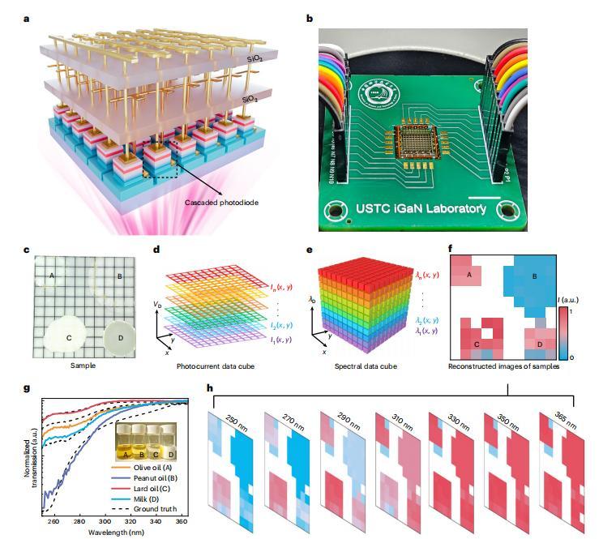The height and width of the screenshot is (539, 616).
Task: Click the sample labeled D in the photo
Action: click(x=122, y=335)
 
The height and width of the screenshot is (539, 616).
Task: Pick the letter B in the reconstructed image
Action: click(x=534, y=276)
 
